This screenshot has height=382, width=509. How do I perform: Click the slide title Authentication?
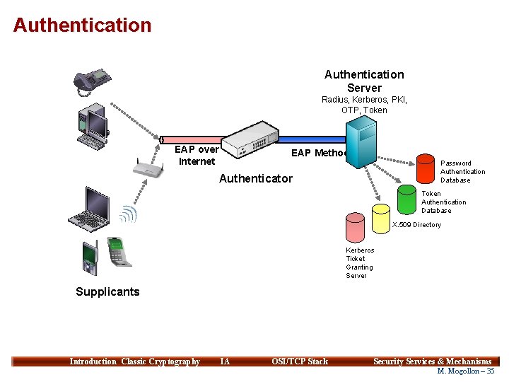coord(82,25)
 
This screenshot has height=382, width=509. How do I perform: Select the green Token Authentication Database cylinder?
coord(406,199)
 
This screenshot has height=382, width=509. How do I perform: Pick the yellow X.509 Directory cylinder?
coord(381,219)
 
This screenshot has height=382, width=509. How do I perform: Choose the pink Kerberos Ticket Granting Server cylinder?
coord(355,228)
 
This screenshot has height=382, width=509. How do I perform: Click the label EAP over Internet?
coord(197,156)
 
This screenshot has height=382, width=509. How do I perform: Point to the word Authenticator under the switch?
coord(255,178)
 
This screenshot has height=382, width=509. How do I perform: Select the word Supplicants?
coord(107,291)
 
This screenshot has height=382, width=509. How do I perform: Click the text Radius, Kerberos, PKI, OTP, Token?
coord(364,105)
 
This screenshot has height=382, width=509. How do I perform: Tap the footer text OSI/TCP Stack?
coord(300,361)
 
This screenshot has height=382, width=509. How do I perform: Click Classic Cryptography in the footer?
coord(160,361)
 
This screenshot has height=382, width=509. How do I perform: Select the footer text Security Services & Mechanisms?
coord(432,361)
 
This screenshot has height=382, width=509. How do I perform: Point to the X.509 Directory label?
coord(416,225)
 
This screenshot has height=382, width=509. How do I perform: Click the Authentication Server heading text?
coord(364,81)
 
